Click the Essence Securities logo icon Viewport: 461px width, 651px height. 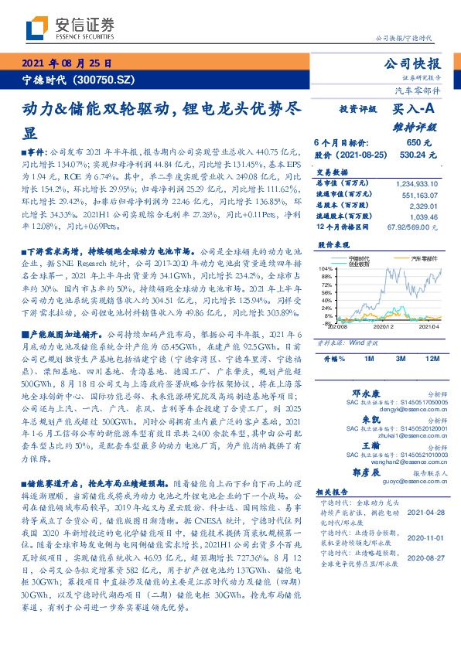point(35,29)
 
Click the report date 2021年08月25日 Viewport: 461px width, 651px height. point(67,64)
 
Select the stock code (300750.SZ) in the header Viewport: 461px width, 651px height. point(104,80)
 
